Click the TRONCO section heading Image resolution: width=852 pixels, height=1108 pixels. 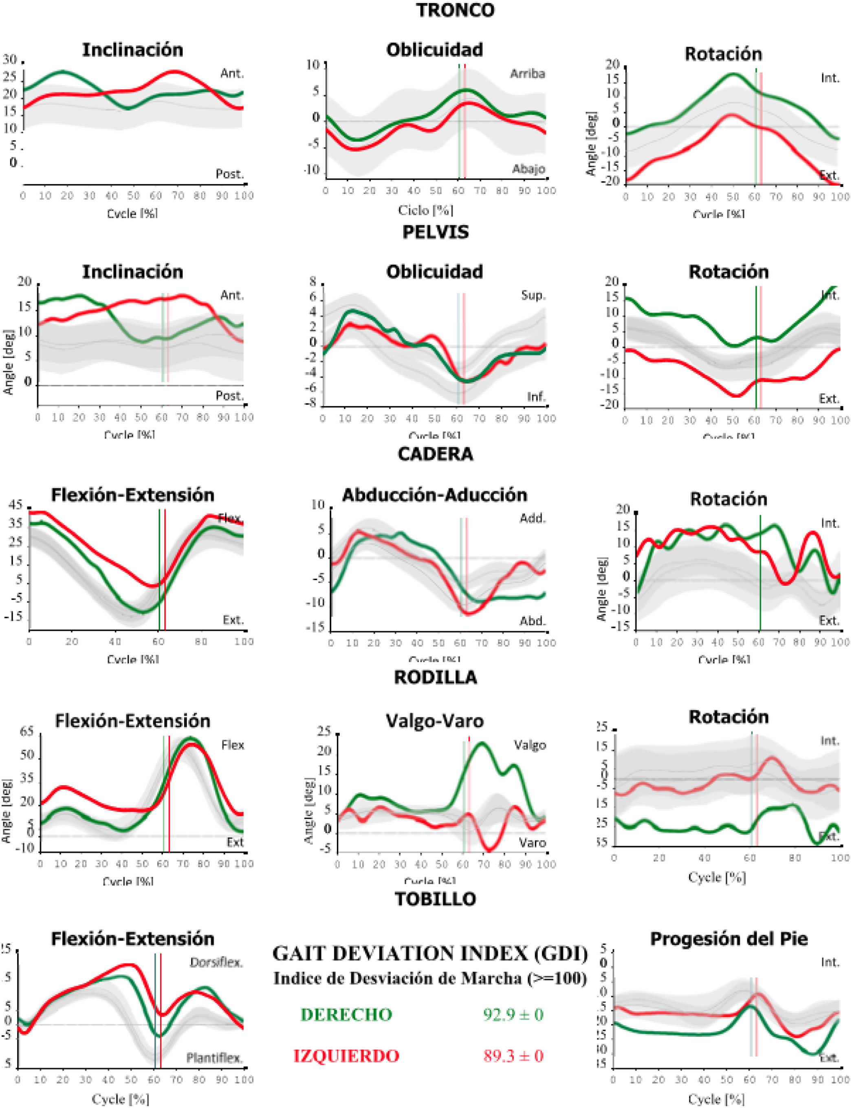pos(455,11)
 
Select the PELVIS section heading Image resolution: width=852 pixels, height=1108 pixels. pos(435,232)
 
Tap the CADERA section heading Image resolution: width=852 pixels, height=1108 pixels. pos(435,454)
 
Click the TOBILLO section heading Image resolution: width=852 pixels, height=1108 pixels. pos(435,899)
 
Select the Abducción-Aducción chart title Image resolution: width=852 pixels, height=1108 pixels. pos(435,495)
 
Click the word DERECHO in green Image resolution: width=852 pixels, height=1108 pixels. pos(346,1014)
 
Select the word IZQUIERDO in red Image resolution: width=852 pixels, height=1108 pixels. pos(346,1056)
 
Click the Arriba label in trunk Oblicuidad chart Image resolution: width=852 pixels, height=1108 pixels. pos(527,74)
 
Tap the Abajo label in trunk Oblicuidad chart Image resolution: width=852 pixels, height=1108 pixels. pos(528,169)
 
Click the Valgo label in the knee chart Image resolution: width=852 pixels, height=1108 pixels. pos(529,745)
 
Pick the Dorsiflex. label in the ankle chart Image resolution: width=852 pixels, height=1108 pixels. pos(216,963)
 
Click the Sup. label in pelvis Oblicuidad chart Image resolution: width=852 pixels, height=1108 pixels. pos(533,295)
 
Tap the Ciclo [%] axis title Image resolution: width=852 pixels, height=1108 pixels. pos(425,209)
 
